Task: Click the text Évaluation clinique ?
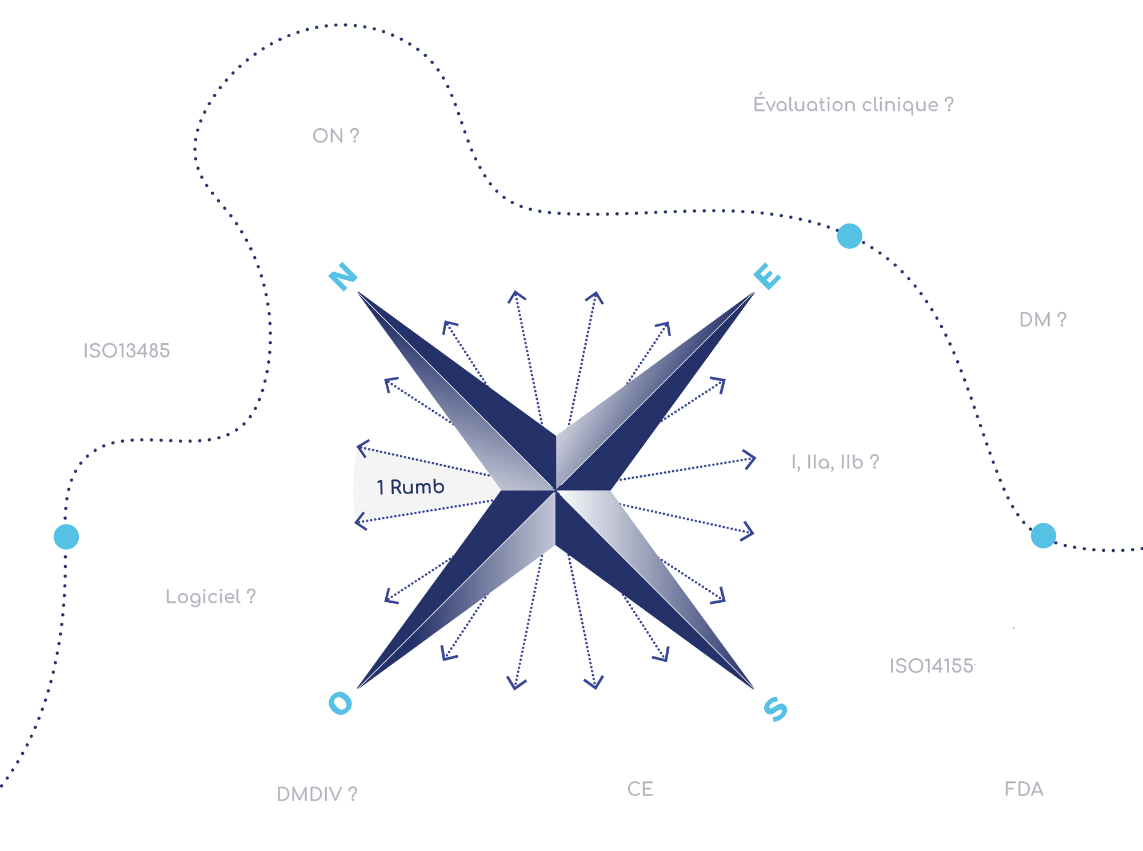[x=853, y=105]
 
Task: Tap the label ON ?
[x=335, y=136]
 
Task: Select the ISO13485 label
[x=126, y=351]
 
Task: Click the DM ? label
[x=1042, y=320]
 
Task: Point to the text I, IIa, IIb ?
[x=835, y=462]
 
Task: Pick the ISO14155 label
[x=931, y=666]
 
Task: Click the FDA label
[x=1024, y=789]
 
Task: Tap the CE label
[x=640, y=789]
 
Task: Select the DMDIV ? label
[x=317, y=794]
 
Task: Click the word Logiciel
[x=203, y=597]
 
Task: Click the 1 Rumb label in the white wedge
[x=410, y=487]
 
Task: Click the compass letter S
[x=776, y=709]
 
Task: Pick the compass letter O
[x=341, y=703]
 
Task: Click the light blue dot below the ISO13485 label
[x=66, y=536]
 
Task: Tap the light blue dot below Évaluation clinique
[x=849, y=236]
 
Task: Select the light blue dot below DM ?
[x=1043, y=535]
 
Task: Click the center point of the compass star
[x=555, y=490]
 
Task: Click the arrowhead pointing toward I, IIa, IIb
[x=750, y=459]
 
